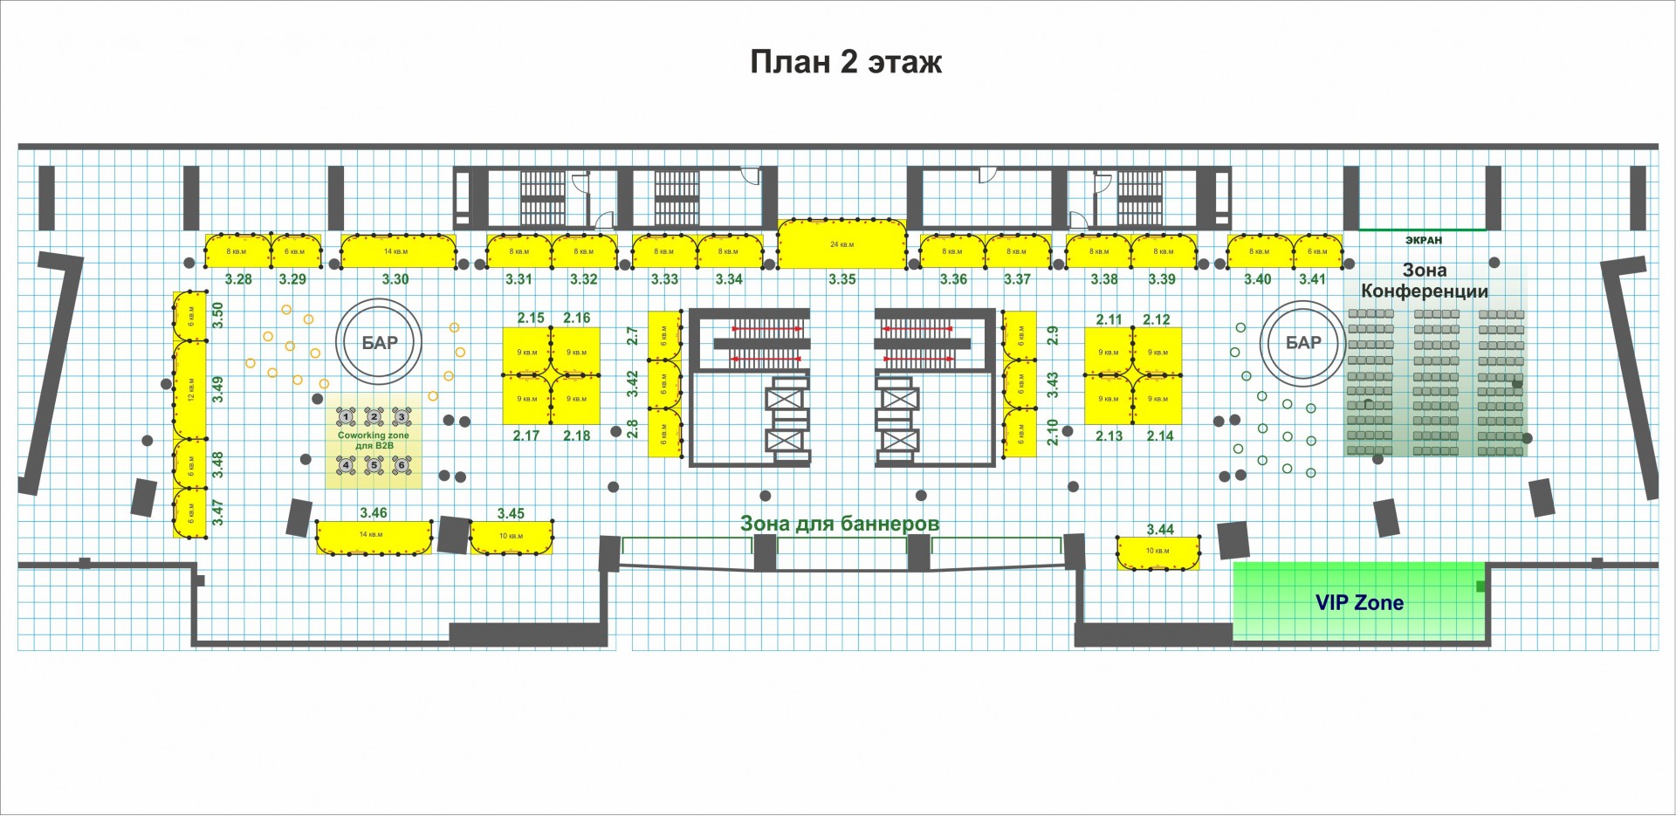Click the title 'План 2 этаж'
click(846, 63)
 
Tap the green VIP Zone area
click(1358, 602)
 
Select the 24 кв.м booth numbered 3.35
click(841, 243)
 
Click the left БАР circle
click(379, 343)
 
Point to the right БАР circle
click(1302, 343)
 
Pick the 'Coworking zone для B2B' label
click(374, 440)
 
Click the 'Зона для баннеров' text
click(839, 524)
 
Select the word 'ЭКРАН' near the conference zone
click(1423, 240)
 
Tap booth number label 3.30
click(395, 279)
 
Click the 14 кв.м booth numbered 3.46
click(373, 536)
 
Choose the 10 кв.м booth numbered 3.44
click(1157, 552)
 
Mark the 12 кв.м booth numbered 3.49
click(189, 389)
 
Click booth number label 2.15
click(531, 318)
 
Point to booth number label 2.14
click(1160, 435)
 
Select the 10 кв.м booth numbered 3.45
click(511, 537)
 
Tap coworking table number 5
click(374, 465)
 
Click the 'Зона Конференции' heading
click(1424, 281)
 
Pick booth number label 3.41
click(1312, 279)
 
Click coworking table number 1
click(347, 416)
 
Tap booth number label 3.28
click(238, 279)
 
